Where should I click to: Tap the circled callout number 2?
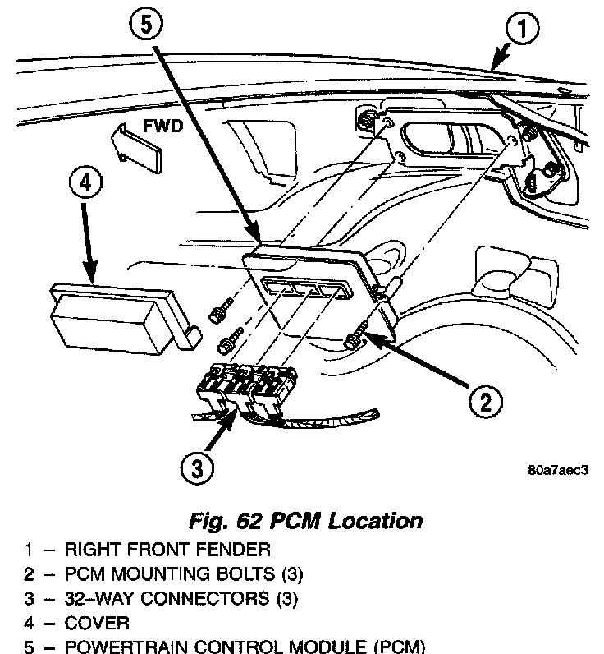pyautogui.click(x=484, y=402)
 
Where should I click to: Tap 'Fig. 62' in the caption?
pyautogui.click(x=222, y=520)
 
